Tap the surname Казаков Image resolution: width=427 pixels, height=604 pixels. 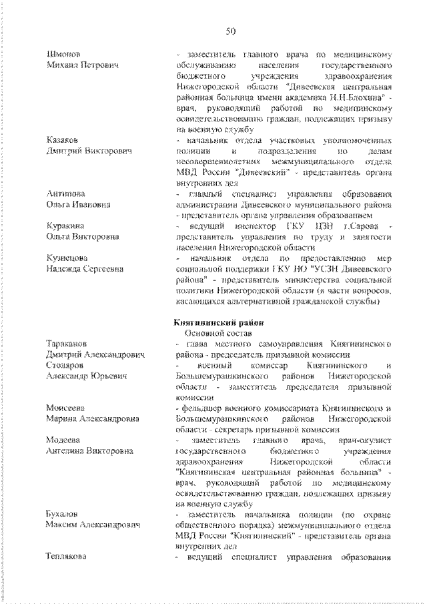(62, 139)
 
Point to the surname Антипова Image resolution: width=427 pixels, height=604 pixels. (65, 194)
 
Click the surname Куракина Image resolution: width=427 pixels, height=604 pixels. (65, 226)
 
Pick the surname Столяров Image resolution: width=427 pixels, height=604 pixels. (65, 365)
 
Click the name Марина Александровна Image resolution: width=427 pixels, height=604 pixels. (93, 418)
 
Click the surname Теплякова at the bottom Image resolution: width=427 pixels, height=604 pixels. (67, 558)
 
